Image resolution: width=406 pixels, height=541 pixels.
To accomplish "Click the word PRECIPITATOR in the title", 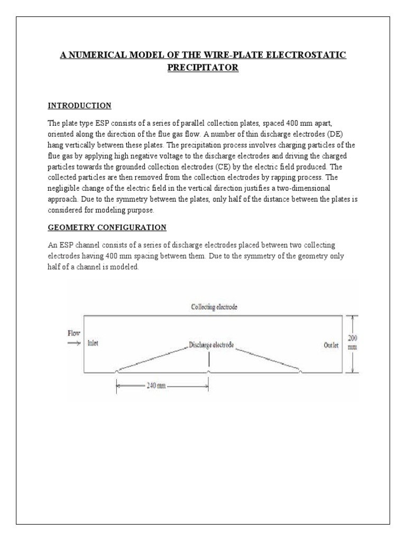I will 203,68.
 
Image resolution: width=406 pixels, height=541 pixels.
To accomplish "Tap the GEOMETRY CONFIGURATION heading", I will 107,227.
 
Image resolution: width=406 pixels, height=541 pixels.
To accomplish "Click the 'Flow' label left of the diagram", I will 73,333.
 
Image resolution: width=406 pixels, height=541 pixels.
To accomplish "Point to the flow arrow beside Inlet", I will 73,343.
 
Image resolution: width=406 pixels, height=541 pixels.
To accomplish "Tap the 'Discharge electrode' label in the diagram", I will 211,345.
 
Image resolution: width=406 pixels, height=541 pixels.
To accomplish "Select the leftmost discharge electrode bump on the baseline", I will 116,371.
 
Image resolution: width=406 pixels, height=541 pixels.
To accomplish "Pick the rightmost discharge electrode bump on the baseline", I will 301,371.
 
